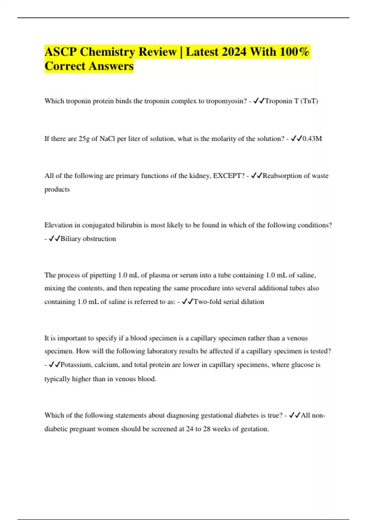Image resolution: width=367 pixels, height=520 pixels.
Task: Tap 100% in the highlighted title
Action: [x=294, y=52]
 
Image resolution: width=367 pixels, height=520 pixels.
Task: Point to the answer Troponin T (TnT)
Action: [x=291, y=101]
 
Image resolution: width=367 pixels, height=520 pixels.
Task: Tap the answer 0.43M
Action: [x=312, y=139]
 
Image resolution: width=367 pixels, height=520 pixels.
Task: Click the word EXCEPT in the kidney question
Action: [x=227, y=176]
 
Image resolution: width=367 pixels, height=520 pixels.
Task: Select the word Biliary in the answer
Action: [x=71, y=239]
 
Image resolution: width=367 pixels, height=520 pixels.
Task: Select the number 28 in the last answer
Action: [x=207, y=429]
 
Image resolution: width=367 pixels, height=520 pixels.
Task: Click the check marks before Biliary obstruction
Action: [x=54, y=239]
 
